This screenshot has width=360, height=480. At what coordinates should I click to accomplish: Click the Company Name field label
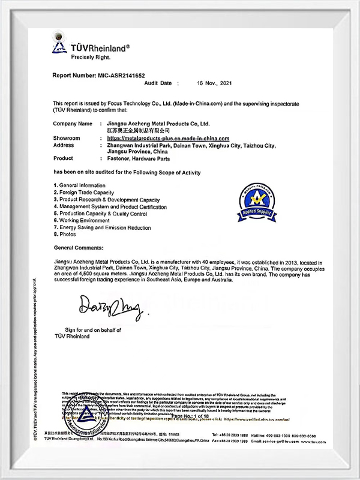click(x=73, y=124)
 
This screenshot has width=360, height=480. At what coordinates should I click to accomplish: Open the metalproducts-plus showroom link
click(x=163, y=138)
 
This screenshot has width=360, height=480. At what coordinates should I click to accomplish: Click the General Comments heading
click(x=79, y=247)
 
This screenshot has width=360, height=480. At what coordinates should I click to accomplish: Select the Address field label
click(x=64, y=145)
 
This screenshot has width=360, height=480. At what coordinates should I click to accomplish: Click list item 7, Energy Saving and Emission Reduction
click(x=102, y=228)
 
